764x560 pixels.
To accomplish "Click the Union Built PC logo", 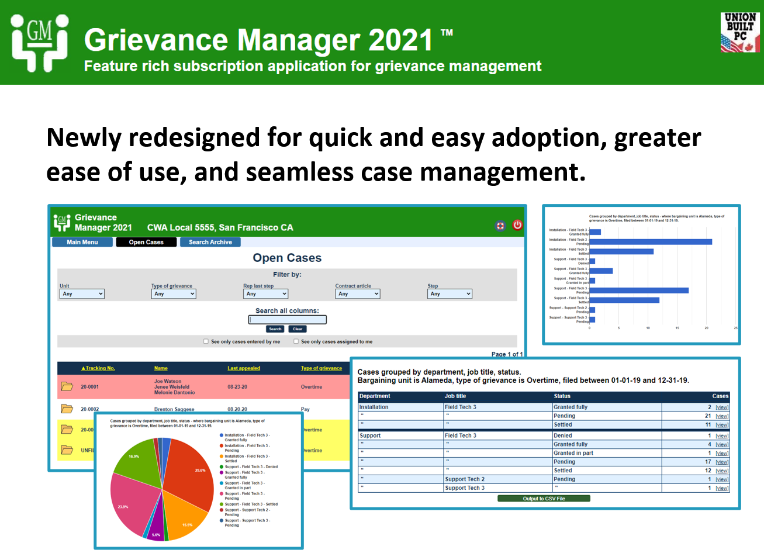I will pyautogui.click(x=739, y=33).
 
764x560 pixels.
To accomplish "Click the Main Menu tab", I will pyautogui.click(x=82, y=242).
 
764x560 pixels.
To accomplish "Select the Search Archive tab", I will pyautogui.click(x=210, y=242).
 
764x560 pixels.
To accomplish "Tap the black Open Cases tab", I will pyautogui.click(x=146, y=242).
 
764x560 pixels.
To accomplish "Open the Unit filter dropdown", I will pyautogui.click(x=82, y=294).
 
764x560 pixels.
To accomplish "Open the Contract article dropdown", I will pyautogui.click(x=358, y=294).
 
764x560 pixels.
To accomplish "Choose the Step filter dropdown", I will pyautogui.click(x=450, y=294).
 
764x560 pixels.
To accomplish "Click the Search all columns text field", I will pyautogui.click(x=287, y=320).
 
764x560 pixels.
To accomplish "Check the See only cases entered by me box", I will pyautogui.click(x=206, y=341).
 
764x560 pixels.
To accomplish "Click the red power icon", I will pyautogui.click(x=517, y=225).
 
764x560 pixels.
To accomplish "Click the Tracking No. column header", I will pyautogui.click(x=98, y=368).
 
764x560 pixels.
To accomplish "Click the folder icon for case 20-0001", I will pyautogui.click(x=67, y=386).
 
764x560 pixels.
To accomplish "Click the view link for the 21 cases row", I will pyautogui.click(x=722, y=416).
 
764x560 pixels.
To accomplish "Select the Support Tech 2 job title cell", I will pyautogui.click(x=465, y=479).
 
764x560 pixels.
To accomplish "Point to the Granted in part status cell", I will pyautogui.click(x=573, y=453).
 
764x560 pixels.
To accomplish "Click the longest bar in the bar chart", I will pyautogui.click(x=651, y=242).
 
